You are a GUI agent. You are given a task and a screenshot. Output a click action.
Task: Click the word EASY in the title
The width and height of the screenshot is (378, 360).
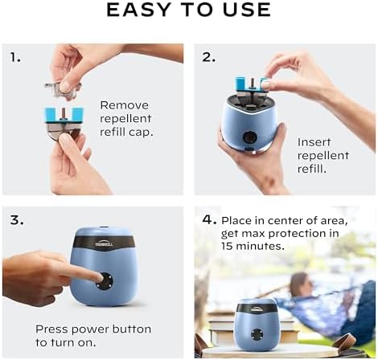click(138, 11)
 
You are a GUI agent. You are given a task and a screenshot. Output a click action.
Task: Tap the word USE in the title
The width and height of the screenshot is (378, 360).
click(244, 11)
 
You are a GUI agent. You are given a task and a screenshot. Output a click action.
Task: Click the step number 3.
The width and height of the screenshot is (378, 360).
click(17, 218)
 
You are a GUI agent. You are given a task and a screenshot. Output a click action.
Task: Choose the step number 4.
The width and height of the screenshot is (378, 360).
click(208, 219)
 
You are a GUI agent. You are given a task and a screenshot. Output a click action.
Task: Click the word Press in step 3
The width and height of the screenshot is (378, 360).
click(52, 329)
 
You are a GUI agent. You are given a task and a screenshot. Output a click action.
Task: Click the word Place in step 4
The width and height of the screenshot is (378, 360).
click(238, 219)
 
